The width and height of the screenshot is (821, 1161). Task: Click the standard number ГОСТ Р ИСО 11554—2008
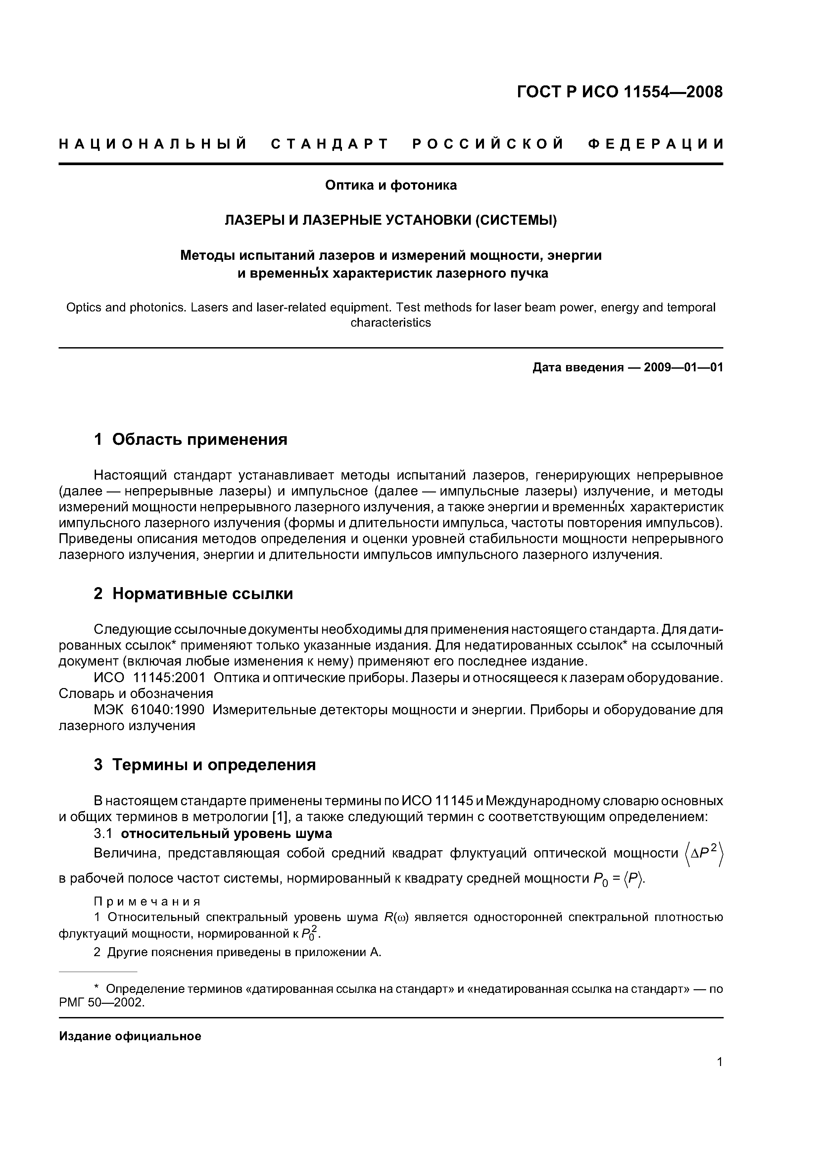pos(620,92)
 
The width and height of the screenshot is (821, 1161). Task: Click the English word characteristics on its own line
pos(391,323)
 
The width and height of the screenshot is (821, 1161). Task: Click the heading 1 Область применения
pos(191,440)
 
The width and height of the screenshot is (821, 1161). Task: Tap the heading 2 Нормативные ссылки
pos(193,594)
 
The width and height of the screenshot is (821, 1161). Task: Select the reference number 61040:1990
pos(168,710)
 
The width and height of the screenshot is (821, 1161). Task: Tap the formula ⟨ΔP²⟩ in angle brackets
pos(704,855)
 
